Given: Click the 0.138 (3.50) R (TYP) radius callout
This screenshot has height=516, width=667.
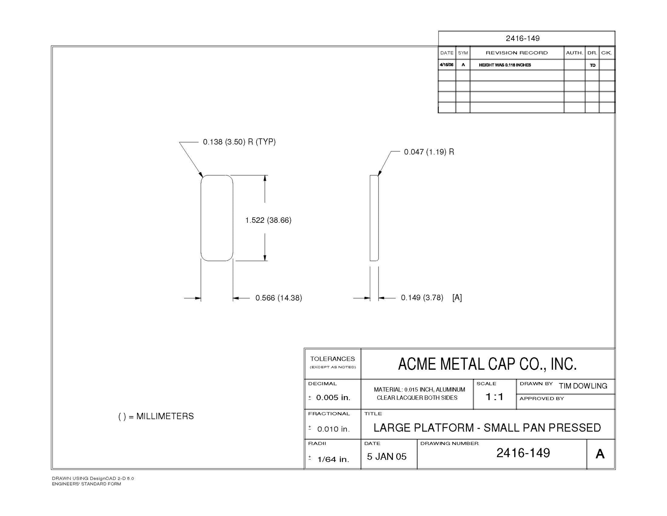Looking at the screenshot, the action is [239, 142].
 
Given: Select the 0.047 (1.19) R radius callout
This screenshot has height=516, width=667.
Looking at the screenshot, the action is [429, 152].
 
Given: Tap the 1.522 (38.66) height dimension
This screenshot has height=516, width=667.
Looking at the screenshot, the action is [268, 220].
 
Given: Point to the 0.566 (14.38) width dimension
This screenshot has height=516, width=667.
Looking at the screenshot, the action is [279, 298].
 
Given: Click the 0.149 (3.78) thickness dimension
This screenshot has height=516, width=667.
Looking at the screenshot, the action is [422, 297].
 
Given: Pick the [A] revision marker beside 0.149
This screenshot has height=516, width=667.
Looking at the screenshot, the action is [457, 297].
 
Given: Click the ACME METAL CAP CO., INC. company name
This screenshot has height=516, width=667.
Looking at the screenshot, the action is [488, 364].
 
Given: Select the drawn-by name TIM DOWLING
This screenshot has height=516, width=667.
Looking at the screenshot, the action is [583, 386].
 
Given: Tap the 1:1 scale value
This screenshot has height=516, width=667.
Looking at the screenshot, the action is [494, 397].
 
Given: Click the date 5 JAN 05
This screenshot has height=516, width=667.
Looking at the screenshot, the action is [387, 457].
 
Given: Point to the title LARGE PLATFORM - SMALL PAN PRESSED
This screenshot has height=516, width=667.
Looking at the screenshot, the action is [487, 427].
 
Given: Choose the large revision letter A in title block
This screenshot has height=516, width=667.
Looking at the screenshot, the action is [600, 454].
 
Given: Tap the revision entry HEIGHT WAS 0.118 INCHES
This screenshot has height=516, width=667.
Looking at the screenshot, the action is [505, 65].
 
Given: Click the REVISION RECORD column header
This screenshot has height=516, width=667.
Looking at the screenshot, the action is [517, 53].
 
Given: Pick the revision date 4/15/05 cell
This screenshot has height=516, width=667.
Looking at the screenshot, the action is [447, 64].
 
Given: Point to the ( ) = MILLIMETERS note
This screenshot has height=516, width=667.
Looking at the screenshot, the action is [156, 416].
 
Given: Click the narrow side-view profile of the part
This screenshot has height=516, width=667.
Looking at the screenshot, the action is [374, 218].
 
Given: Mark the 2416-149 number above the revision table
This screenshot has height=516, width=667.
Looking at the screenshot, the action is [523, 38].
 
